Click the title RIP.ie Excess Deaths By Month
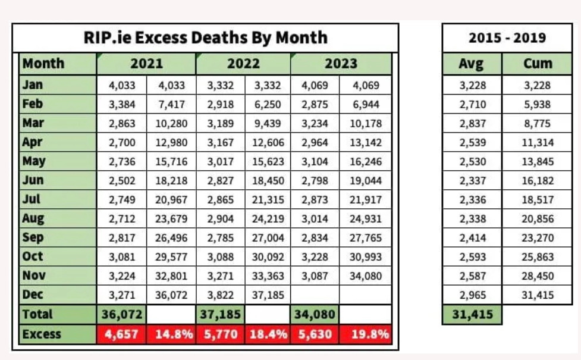tap(205, 37)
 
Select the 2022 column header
tap(243, 64)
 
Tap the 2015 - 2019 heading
tap(507, 37)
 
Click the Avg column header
tap(472, 64)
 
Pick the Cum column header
tap(538, 64)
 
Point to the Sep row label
tap(33, 237)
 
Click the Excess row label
tap(41, 334)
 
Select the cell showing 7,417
tap(171, 104)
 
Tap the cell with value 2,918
tap(220, 104)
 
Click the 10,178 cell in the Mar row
tap(365, 124)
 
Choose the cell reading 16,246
tap(365, 162)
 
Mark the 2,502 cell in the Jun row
tap(122, 181)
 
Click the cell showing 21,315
tap(268, 200)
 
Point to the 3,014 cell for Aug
tap(315, 219)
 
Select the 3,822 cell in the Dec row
tap(220, 295)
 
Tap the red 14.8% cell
tap(171, 334)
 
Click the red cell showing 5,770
tap(220, 334)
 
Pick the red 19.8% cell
tap(365, 334)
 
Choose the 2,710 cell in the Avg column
tap(472, 104)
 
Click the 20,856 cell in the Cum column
tap(538, 219)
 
